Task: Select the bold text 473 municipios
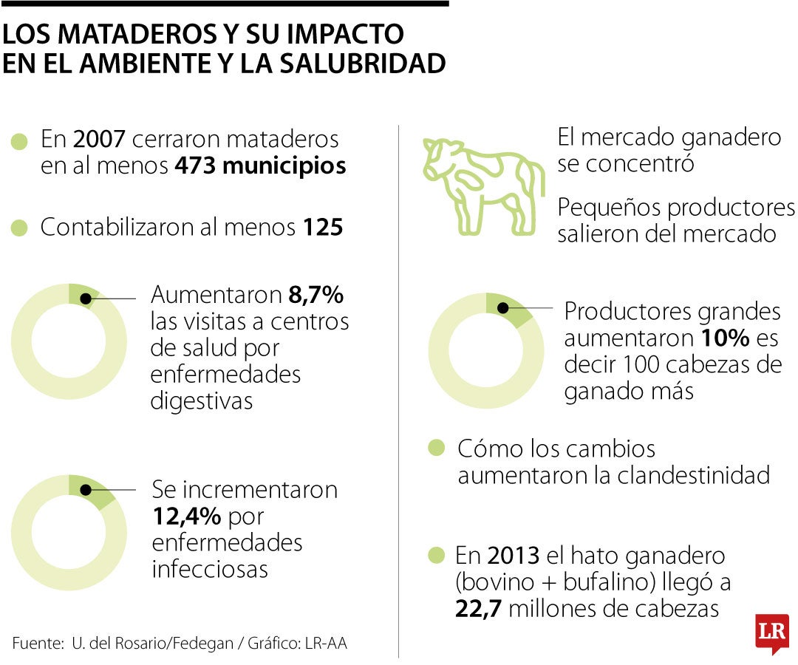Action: point(260,166)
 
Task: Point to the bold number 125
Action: point(323,228)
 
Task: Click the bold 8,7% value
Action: point(316,296)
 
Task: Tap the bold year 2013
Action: point(510,555)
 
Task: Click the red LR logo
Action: point(771,632)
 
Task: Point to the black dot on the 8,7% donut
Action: point(86,299)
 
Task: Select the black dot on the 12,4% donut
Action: point(86,489)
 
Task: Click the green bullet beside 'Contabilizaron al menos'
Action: point(20,228)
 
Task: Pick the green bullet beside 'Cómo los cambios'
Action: point(437,448)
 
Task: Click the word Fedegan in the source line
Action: point(200,644)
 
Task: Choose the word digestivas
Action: point(202,400)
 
